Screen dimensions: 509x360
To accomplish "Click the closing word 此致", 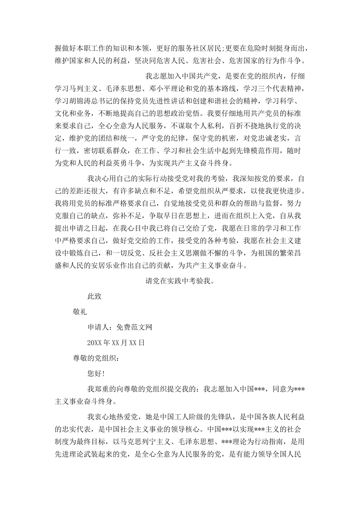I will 94,296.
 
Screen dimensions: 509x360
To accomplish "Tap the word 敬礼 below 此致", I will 80,312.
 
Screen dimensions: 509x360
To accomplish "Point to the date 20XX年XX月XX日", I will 116,343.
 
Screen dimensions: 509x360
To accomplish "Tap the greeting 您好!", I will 96,374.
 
